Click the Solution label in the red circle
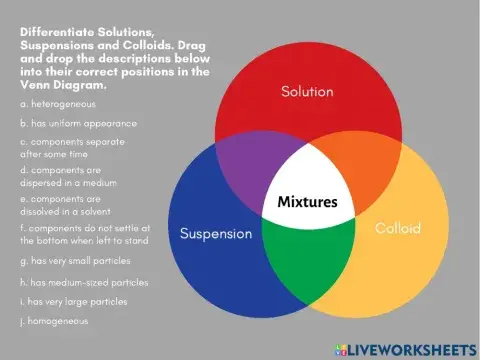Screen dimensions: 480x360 [307, 92]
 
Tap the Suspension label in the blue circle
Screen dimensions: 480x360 [215, 234]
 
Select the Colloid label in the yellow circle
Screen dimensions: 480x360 [397, 229]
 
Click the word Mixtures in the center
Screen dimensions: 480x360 [307, 203]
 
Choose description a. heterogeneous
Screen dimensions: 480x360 [57, 104]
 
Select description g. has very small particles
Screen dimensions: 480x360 [77, 261]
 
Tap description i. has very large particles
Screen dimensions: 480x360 [74, 301]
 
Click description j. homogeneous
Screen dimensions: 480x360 [54, 321]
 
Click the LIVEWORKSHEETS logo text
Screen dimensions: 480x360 [409, 348]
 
